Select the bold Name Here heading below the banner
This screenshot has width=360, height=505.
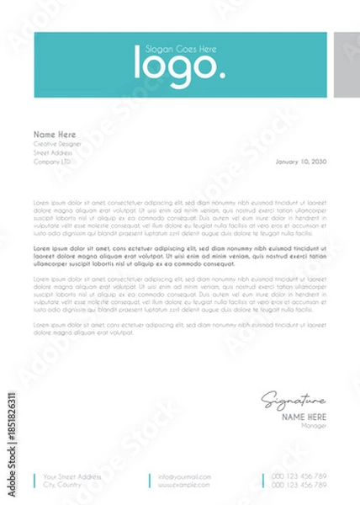55,135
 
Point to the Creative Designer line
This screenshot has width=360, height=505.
57,144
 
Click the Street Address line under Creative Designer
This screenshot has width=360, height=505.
53,152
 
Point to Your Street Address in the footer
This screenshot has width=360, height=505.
72,477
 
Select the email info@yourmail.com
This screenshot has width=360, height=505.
183,477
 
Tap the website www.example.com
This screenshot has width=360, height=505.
183,486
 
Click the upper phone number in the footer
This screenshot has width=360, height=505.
299,477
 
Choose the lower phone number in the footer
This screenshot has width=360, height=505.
299,486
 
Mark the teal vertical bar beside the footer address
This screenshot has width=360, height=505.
34,481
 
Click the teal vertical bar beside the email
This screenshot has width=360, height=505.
149,481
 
